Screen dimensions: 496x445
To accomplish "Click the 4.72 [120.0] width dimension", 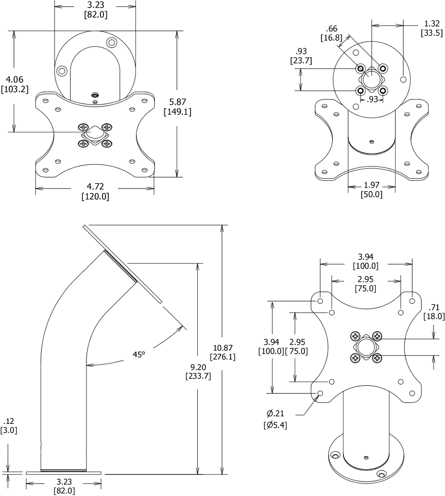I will click(95, 191).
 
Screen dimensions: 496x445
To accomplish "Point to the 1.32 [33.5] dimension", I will click(431, 28).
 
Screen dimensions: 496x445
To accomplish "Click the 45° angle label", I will click(139, 354).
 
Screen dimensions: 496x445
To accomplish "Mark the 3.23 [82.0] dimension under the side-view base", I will click(64, 486).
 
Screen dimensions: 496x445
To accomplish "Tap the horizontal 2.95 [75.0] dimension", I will click(365, 283).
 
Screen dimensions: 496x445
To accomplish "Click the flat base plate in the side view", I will click(64, 472).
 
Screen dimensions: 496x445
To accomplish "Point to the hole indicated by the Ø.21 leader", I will click(320, 394).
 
